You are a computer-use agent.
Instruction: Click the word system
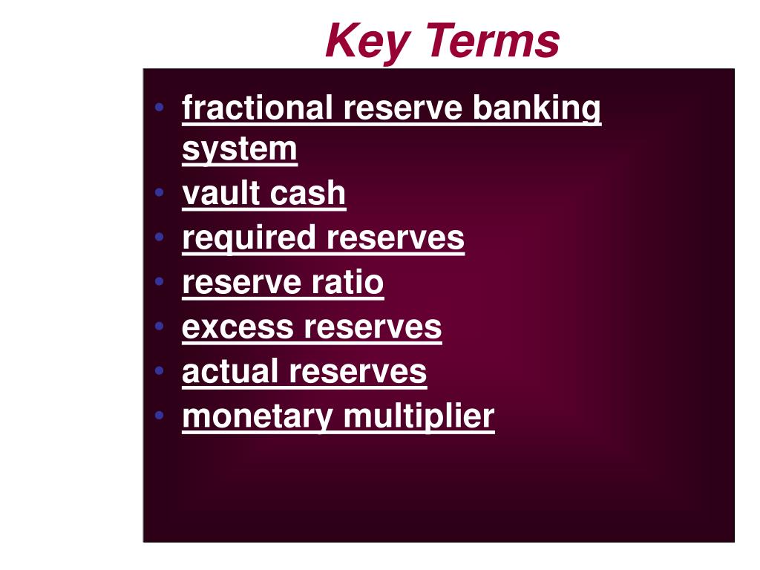(239, 149)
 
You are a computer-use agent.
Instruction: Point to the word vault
(220, 194)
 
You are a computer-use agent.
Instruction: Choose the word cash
(307, 194)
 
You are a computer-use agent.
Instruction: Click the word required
(249, 239)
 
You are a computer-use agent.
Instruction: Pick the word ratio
(351, 283)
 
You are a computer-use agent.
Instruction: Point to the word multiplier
(419, 416)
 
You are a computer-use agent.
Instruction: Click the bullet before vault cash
(159, 193)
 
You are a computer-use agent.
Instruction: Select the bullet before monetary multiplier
(159, 416)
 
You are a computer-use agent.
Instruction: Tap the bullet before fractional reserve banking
(159, 108)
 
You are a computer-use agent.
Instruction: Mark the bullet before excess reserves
(159, 327)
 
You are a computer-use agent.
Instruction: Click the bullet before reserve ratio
(159, 282)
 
